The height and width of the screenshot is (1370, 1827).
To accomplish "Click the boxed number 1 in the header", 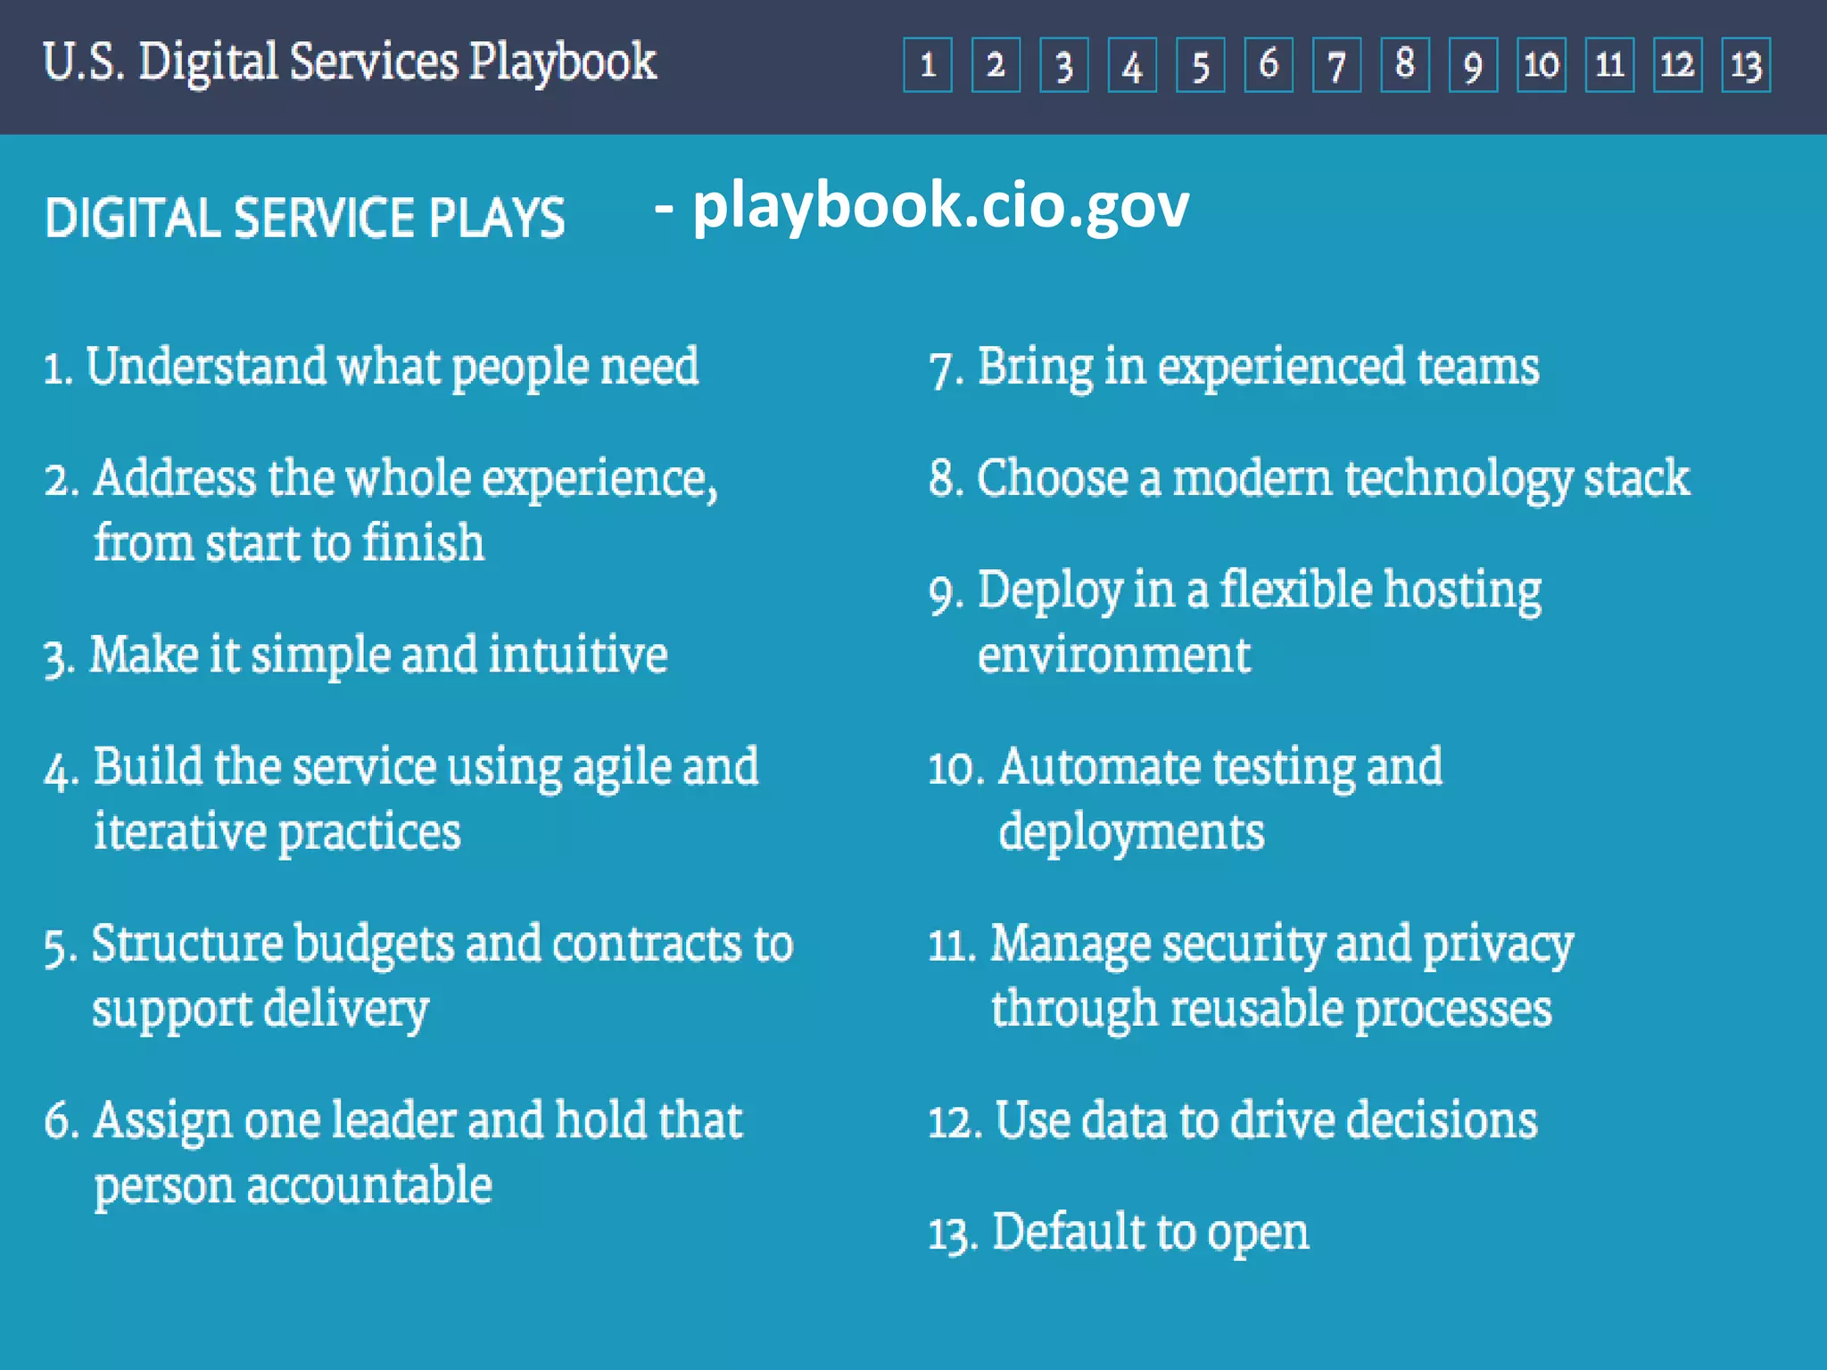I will pos(928,65).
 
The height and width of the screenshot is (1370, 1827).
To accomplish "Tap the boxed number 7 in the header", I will pos(1336,65).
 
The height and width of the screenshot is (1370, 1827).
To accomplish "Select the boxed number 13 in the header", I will pos(1746,65).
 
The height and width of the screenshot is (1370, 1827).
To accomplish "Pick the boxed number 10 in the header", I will pos(1542,65).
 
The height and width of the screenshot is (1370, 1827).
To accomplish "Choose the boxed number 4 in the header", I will pos(1132,65).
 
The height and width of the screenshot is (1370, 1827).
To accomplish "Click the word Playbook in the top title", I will pos(562,62).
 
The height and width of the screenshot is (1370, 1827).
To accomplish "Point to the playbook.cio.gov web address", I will pos(940,206).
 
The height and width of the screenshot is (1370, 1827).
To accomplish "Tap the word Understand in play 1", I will pos(206,367).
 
